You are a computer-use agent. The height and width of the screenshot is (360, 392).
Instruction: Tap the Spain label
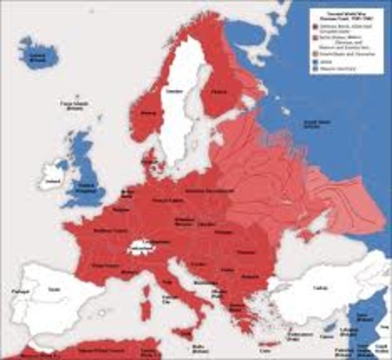click(x=54, y=289)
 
